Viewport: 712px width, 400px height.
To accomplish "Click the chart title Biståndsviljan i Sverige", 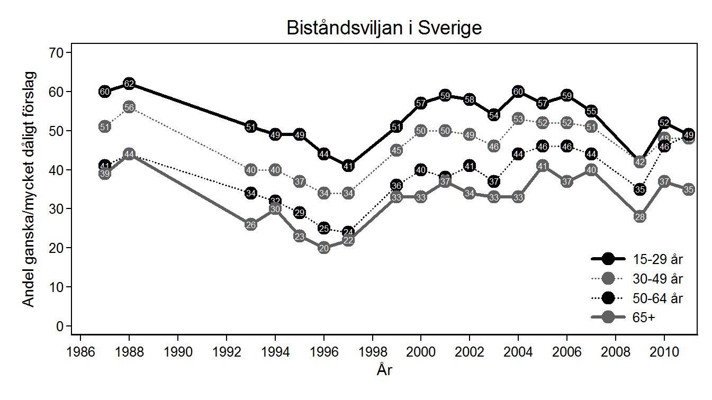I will click(x=384, y=28).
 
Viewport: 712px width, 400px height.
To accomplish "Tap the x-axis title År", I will click(x=384, y=370).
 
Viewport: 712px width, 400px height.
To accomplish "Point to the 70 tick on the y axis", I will click(x=57, y=52).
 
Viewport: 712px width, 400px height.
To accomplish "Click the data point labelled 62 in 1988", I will click(x=129, y=84).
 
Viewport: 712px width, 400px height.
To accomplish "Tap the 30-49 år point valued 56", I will click(x=129, y=107).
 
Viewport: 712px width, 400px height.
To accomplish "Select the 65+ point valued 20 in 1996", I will click(x=324, y=248).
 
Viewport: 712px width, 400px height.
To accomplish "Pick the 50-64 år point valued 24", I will click(x=348, y=232).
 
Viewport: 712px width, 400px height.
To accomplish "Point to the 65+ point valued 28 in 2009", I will click(x=640, y=216).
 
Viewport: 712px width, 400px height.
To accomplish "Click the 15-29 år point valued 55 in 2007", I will click(x=592, y=111).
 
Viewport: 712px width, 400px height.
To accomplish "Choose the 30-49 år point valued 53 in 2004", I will click(x=518, y=119).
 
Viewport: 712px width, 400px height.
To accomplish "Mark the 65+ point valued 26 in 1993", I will click(x=251, y=224).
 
